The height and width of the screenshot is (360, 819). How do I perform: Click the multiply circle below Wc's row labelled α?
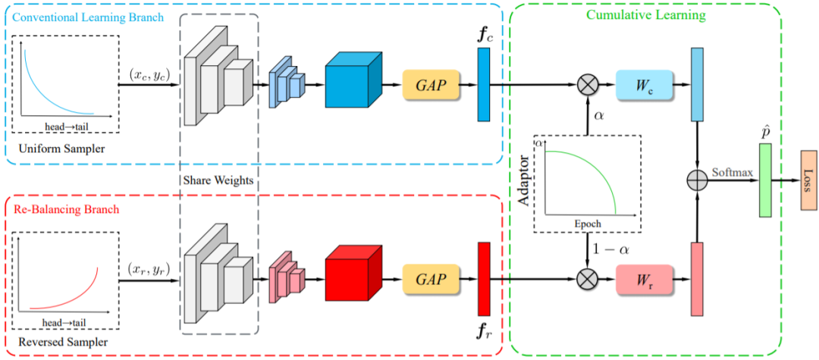pos(588,83)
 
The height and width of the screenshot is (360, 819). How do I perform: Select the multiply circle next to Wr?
pos(588,278)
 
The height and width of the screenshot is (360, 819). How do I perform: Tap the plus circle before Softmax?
pos(697,180)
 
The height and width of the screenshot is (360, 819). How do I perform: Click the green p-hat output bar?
pos(764,180)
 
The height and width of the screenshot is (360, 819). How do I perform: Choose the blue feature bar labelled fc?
pos(484,84)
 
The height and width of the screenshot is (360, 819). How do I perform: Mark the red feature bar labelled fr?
pos(484,277)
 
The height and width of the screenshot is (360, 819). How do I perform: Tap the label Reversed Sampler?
pos(62,343)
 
